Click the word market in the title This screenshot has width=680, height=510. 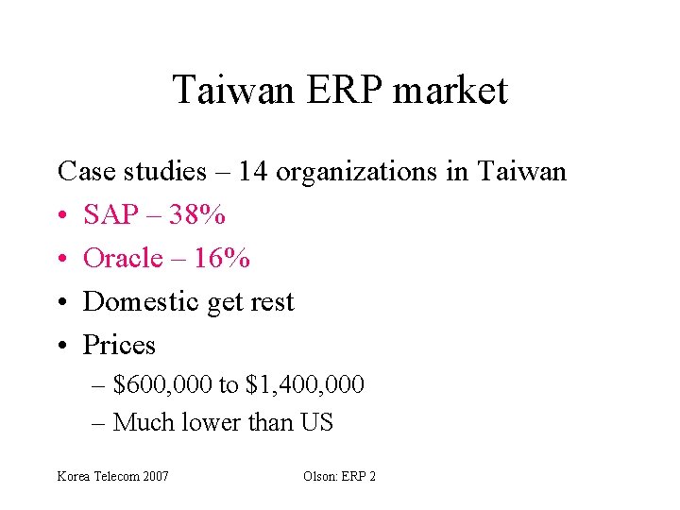[x=450, y=91]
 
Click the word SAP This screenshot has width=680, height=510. [x=110, y=215]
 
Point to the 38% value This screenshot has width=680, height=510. [x=199, y=215]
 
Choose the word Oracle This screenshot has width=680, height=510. [x=123, y=258]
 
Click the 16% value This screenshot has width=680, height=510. [x=225, y=258]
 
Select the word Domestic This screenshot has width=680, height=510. [x=142, y=301]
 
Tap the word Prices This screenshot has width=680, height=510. [x=119, y=345]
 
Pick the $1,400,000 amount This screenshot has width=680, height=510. [x=304, y=385]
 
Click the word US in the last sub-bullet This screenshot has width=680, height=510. [x=317, y=422]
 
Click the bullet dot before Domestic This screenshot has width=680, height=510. [x=62, y=302]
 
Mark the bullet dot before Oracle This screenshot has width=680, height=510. [x=62, y=259]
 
